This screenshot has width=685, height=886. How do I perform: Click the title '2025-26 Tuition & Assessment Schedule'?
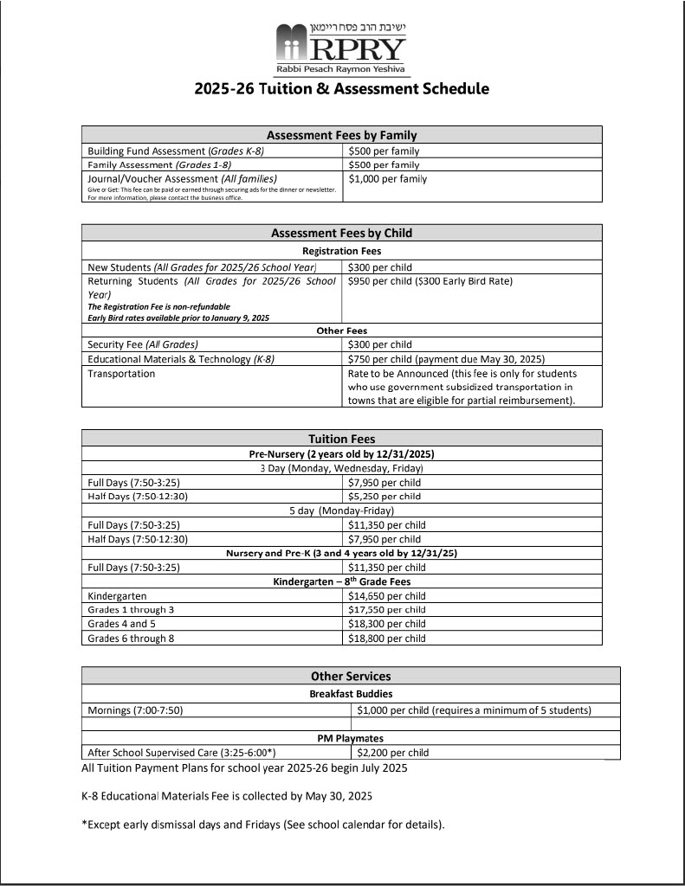(341, 88)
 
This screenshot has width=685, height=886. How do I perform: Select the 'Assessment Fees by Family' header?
(341, 135)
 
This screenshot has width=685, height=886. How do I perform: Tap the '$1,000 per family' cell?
(387, 179)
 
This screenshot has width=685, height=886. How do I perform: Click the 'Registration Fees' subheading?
(341, 250)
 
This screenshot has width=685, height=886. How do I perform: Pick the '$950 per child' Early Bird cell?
(430, 281)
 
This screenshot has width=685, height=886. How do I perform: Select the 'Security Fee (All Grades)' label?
(143, 344)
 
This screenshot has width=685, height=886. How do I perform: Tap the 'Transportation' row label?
(121, 374)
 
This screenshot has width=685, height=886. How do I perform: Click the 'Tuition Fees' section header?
(341, 439)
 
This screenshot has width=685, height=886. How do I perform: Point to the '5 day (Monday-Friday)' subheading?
(341, 510)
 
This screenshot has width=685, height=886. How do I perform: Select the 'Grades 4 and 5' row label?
(122, 624)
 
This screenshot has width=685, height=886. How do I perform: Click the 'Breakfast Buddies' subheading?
(351, 694)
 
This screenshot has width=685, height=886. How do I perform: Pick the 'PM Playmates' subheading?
(351, 738)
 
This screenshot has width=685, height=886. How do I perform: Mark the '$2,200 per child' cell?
(393, 753)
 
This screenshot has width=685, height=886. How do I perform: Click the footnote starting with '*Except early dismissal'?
(263, 825)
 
